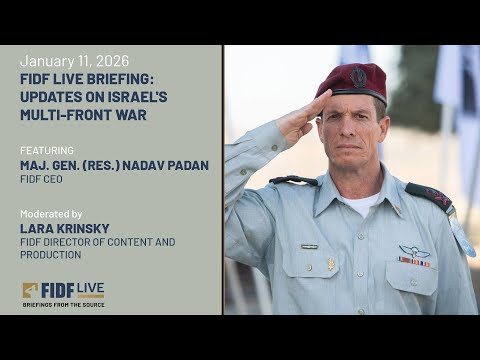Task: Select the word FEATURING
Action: point(46,149)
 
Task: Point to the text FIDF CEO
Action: point(43,180)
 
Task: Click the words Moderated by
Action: point(51,213)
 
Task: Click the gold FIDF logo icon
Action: point(31,291)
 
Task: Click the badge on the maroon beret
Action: point(358,76)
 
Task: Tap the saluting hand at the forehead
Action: point(299,116)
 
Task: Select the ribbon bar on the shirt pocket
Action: point(414,263)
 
